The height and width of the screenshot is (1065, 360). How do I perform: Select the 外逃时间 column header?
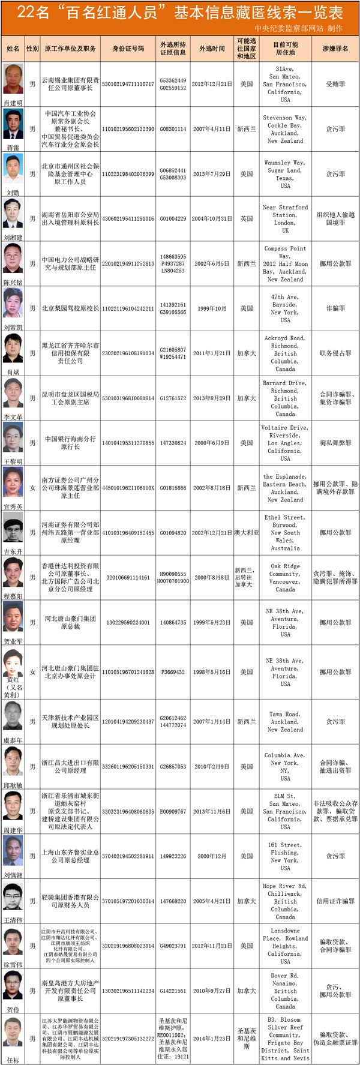(212, 49)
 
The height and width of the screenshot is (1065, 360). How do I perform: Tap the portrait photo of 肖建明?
(13, 79)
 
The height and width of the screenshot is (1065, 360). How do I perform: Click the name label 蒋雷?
(13, 148)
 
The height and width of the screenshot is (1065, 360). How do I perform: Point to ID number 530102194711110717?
(128, 85)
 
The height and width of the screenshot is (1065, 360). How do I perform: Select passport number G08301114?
(173, 129)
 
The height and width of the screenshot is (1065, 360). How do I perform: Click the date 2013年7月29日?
(212, 174)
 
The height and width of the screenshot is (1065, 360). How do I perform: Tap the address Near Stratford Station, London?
(285, 218)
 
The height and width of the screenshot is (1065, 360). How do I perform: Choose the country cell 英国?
(247, 219)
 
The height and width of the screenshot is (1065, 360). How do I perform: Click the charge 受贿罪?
(335, 85)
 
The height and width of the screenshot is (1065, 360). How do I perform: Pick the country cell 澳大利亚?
(247, 533)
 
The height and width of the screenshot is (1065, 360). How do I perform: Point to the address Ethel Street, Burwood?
(285, 532)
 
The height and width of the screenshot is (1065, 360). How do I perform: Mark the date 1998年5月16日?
(212, 672)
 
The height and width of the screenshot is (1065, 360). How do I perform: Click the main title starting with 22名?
(180, 13)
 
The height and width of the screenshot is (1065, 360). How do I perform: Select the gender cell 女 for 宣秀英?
(33, 488)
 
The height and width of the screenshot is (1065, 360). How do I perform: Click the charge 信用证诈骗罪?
(335, 901)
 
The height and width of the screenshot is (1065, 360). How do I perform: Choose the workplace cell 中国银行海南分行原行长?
(70, 443)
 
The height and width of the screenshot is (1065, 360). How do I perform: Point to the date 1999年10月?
(212, 308)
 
